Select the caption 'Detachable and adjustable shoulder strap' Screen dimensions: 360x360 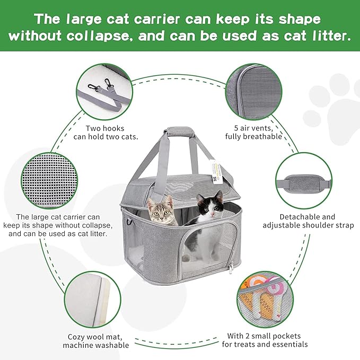(308, 221)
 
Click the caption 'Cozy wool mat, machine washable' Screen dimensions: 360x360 (95, 341)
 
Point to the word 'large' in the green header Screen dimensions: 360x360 (96, 19)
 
